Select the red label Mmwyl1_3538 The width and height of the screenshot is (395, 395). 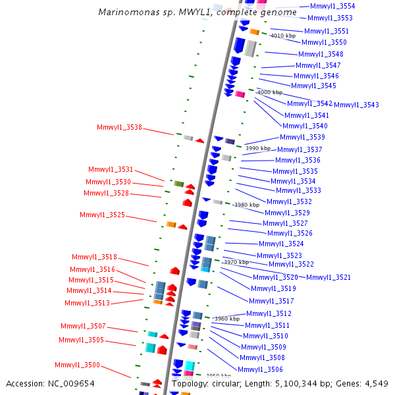[x=119, y=128]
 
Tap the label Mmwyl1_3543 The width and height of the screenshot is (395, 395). [x=356, y=105]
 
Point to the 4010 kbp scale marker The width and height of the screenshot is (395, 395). [x=283, y=36]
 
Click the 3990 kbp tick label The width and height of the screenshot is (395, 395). [x=258, y=148]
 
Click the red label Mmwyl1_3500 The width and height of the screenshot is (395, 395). [x=77, y=365]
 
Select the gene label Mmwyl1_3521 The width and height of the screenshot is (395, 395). [x=329, y=277]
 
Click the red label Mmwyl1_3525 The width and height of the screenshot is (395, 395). [x=102, y=215]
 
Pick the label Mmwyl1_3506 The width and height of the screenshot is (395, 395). [x=260, y=369]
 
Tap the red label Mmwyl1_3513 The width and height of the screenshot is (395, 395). [x=87, y=303]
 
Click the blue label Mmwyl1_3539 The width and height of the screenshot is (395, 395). [x=302, y=137]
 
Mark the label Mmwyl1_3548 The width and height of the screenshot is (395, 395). [x=321, y=54]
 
